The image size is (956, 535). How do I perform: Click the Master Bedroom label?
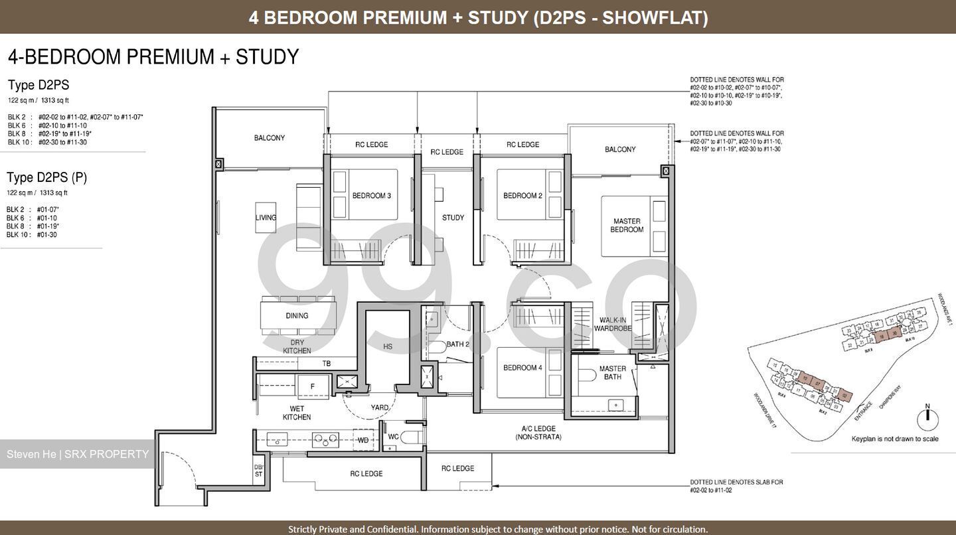pos(627,225)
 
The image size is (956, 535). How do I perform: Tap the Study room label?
pos(453,218)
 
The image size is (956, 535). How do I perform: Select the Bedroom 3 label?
pos(371,196)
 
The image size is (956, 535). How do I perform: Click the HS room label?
pos(388,346)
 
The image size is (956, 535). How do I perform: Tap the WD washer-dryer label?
pos(363,439)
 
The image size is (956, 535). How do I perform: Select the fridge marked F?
pos(311,386)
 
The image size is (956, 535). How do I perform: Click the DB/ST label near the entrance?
pos(259,471)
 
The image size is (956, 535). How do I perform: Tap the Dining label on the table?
pos(297,316)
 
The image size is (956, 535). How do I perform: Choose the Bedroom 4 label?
pos(522,368)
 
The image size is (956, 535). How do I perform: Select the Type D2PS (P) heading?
pos(46,177)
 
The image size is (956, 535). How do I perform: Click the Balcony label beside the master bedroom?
pos(619,150)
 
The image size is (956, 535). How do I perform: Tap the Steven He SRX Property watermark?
pos(78,455)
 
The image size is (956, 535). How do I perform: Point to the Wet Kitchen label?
pos(296,413)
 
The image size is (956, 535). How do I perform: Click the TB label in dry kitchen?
pos(326,364)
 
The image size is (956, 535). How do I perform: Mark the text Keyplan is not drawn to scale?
pos(894,439)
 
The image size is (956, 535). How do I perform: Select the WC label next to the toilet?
pos(392,437)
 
